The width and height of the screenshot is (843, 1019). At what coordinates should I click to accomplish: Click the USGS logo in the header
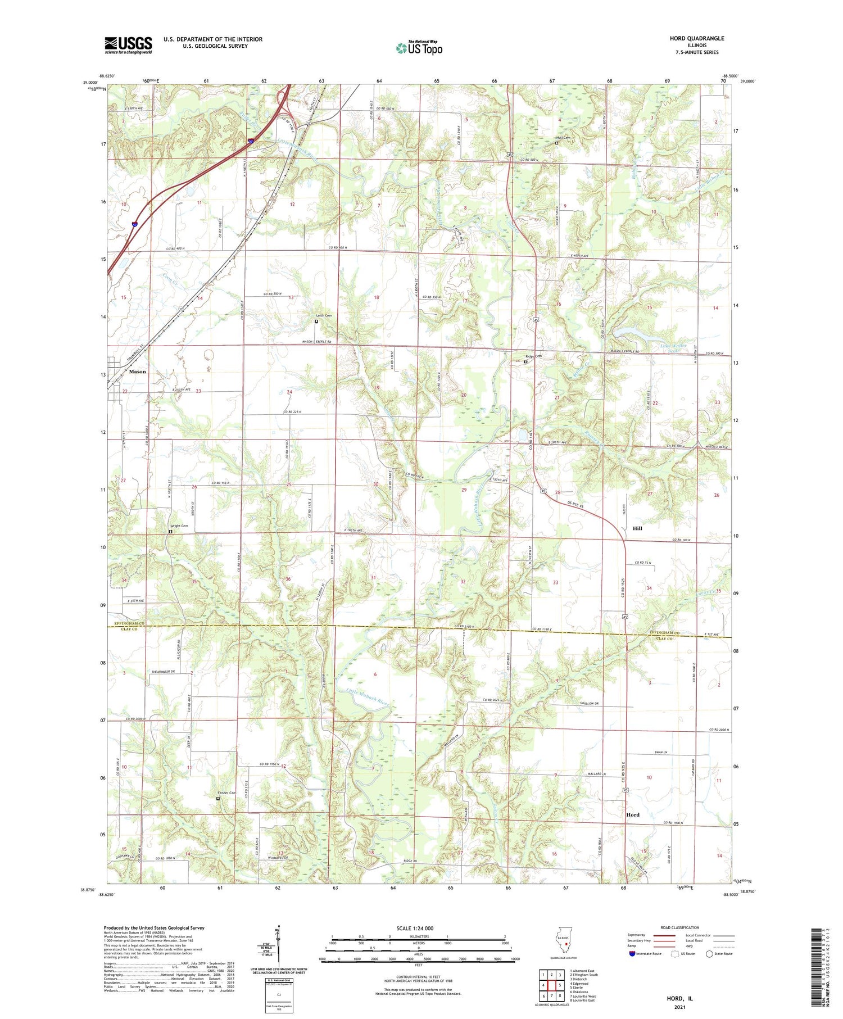point(128,45)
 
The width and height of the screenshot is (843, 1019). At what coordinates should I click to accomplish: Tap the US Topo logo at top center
point(419,48)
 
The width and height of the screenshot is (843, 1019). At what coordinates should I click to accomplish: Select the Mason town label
point(137,372)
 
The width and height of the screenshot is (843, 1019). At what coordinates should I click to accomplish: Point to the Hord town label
point(633,814)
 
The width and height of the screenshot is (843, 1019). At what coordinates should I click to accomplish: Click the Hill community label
point(637,528)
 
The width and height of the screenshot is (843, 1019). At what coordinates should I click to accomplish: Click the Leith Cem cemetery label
point(324,316)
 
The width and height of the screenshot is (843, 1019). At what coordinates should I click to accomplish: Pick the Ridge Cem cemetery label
point(533,356)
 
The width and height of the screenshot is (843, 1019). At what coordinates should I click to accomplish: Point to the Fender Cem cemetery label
point(226,793)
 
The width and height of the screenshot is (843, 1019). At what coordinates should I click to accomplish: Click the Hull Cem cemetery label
point(563,138)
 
